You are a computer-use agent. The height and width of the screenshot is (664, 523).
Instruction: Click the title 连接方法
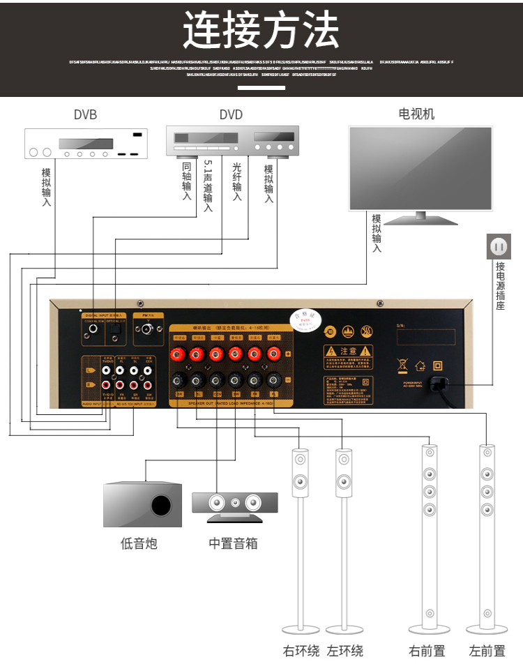click(261, 31)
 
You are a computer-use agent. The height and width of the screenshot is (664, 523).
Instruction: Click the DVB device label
click(85, 115)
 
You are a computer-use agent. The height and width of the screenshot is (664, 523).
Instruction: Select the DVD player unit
click(233, 140)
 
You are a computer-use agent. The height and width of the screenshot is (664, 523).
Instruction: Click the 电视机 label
click(416, 114)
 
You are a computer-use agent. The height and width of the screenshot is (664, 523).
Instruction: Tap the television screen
click(420, 167)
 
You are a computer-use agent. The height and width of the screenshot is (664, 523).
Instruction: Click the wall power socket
click(499, 246)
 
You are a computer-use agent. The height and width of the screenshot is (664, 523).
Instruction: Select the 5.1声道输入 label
click(208, 186)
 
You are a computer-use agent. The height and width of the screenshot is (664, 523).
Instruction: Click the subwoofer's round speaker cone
click(161, 505)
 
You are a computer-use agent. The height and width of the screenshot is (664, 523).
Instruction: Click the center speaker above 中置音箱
click(234, 503)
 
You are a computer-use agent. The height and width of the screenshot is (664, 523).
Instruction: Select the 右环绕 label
click(301, 651)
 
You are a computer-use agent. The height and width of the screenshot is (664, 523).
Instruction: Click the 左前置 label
click(487, 651)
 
